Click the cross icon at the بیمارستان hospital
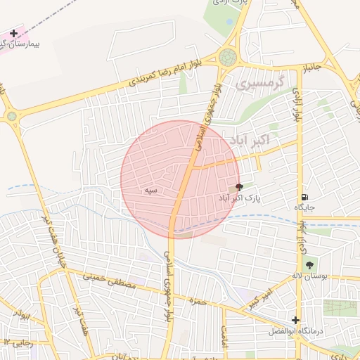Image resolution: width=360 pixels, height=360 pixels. [13, 33]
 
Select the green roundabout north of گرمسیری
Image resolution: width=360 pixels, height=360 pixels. [228, 57]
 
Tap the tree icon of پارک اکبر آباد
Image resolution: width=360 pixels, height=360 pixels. [238, 188]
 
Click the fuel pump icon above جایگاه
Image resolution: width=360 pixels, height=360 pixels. [303, 198]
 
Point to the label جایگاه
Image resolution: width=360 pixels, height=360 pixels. [304, 209]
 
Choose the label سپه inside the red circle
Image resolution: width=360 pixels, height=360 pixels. [150, 190]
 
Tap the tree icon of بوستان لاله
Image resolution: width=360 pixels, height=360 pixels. [309, 265]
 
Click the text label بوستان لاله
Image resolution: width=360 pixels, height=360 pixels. [310, 277]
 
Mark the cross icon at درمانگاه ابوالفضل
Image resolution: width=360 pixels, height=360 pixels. [296, 320]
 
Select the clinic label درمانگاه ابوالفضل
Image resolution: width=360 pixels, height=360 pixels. [296, 331]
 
